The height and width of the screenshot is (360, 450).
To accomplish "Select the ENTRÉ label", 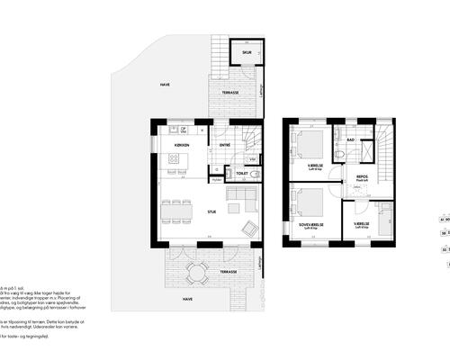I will click(x=225, y=146).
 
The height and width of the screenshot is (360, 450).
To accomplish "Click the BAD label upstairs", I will click(x=352, y=140).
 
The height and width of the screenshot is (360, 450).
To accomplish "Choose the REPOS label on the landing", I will click(x=362, y=176).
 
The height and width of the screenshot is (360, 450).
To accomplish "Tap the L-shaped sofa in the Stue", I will click(x=240, y=199).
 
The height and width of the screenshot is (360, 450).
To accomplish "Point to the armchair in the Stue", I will click(x=247, y=225).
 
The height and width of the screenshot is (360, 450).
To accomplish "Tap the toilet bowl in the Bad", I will click(x=338, y=155).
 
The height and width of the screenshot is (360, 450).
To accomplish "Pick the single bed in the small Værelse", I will click(x=385, y=216).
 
